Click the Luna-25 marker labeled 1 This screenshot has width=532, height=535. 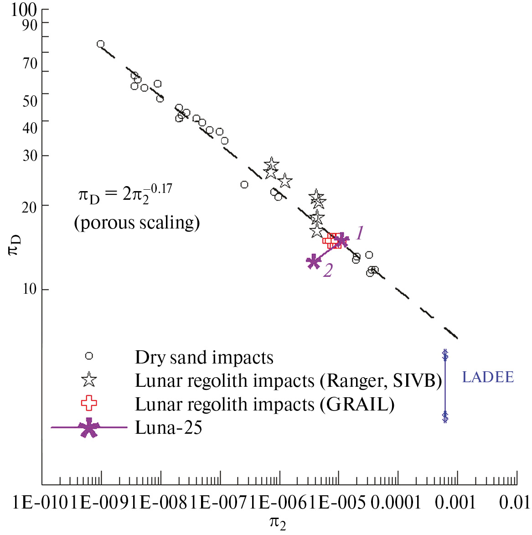pyautogui.click(x=341, y=240)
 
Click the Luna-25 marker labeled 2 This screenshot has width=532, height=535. pyautogui.click(x=314, y=262)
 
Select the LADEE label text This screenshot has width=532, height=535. pyautogui.click(x=488, y=377)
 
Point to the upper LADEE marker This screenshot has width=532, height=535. pyautogui.click(x=445, y=354)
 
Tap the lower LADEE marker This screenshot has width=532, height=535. pyautogui.click(x=445, y=416)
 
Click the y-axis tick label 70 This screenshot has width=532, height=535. pyautogui.click(x=30, y=63)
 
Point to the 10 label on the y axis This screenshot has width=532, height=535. pyautogui.click(x=30, y=289)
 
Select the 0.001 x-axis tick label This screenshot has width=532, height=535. pyautogui.click(x=455, y=503)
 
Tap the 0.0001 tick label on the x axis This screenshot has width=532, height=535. pyautogui.click(x=395, y=503)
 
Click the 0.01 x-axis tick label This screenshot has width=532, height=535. pyautogui.click(x=514, y=503)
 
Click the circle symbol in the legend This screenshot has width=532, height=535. pyautogui.click(x=89, y=356)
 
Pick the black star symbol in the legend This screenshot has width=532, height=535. pyautogui.click(x=89, y=379)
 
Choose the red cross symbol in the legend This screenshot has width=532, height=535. pyautogui.click(x=89, y=403)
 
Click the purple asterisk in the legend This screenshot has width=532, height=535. pyautogui.click(x=89, y=428)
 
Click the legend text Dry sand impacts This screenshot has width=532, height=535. pyautogui.click(x=204, y=358)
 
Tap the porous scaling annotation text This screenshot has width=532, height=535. pyautogui.click(x=137, y=223)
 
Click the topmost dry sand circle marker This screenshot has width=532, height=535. pyautogui.click(x=100, y=44)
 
